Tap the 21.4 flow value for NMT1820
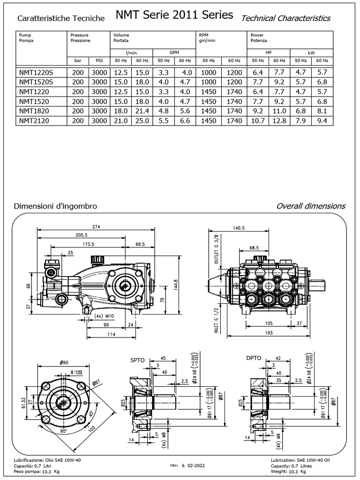tap(142, 111)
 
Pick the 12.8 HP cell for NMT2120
tap(279, 121)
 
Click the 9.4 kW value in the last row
tap(322, 121)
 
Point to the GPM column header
tap(174, 52)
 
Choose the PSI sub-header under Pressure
tap(99, 61)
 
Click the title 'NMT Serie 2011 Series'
tap(174, 15)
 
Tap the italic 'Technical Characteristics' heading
tap(285, 18)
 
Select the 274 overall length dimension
tap(97, 226)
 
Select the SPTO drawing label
tap(137, 360)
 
